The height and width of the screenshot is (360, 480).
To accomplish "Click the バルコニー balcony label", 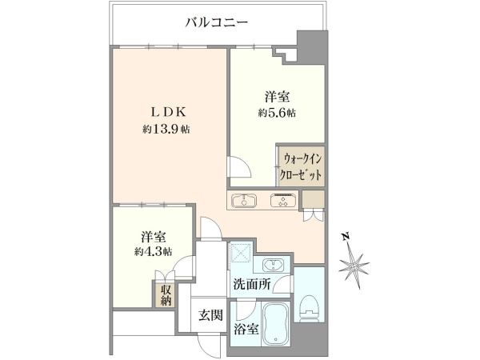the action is point(217,22).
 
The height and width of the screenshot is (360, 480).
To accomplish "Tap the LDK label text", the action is point(168,113).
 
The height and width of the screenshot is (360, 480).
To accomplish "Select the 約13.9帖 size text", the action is point(166,130).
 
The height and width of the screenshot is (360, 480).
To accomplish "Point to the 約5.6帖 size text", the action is point(277,114).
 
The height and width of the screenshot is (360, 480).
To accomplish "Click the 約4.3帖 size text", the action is point(153,252).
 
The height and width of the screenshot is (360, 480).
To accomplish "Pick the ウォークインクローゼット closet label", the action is point(302,167).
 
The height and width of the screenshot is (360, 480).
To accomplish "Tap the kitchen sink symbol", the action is point(244,201).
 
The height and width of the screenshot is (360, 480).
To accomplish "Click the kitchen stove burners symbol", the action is point(283,201).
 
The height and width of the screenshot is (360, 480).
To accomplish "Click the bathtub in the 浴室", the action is point(275,324).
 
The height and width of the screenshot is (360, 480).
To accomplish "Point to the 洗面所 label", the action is point(252,285).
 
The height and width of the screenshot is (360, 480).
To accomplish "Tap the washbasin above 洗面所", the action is point(274,265).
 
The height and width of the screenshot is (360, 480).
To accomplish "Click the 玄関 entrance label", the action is point(210,315).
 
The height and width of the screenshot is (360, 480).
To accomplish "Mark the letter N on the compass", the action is point(346,236).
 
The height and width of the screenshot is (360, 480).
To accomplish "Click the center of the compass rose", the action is point(354,265).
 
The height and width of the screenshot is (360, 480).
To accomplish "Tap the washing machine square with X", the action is point(241,253).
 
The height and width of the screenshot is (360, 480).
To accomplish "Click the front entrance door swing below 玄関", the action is point(209,344).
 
